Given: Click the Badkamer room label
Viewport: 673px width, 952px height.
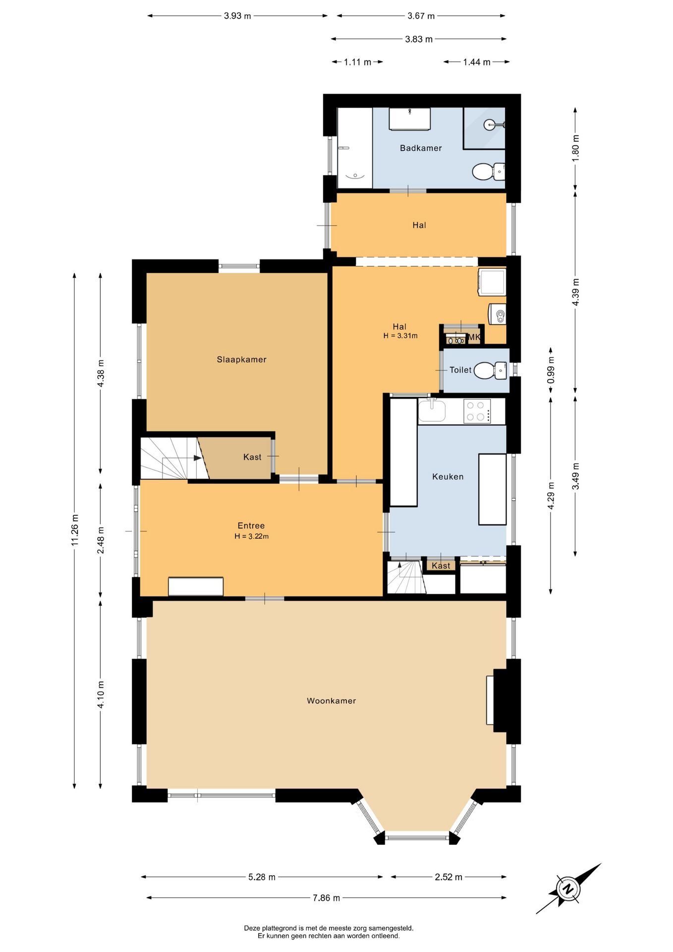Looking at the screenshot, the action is point(421,148).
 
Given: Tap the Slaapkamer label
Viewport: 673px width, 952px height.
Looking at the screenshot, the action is point(241,359).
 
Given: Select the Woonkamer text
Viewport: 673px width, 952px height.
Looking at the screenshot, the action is point(331,701).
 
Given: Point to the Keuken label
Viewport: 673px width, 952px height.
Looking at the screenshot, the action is point(448,476).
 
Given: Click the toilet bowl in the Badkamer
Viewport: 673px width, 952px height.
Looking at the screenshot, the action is point(488,172).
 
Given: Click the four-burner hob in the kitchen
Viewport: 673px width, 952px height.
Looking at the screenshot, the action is point(477,411).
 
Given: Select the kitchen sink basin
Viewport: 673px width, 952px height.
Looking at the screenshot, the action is point(432,411).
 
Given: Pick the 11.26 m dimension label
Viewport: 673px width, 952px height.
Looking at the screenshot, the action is point(74,530).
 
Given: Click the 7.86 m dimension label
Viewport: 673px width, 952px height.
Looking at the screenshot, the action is point(326,897).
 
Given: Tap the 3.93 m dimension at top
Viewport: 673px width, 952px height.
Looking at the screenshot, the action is point(237,16).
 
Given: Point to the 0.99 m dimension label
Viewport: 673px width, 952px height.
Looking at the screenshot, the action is point(551,370).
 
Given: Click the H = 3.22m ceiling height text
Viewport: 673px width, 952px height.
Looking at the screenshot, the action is point(252,536).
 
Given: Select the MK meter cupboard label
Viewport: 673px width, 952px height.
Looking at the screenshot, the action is point(474,337).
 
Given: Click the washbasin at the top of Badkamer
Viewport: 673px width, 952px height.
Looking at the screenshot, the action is point(409,119).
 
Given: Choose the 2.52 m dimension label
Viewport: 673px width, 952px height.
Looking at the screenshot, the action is point(449,877).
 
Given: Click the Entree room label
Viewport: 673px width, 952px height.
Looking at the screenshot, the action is point(251,526).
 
